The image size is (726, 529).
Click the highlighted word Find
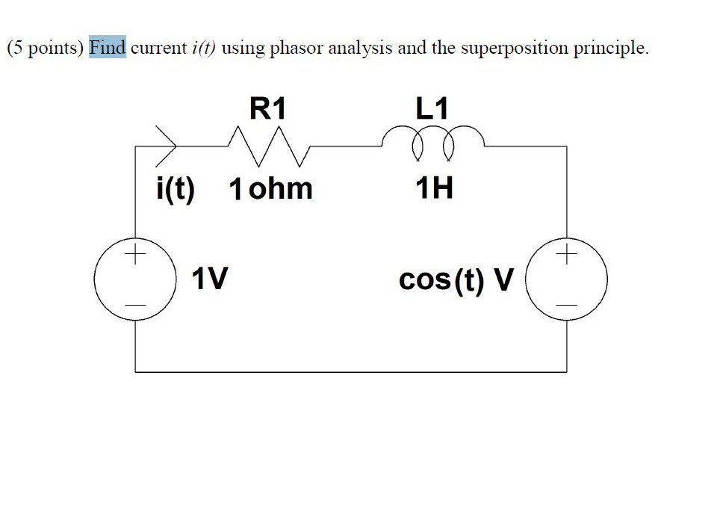point(107,49)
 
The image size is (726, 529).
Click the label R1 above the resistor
point(267,109)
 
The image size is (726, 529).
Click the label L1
point(432,109)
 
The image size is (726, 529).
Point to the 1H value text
point(434,188)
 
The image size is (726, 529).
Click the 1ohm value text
point(270,189)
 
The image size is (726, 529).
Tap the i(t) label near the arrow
point(176,189)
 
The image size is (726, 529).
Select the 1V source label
point(209,279)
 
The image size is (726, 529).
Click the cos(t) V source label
point(456,280)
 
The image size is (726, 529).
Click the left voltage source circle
point(135,280)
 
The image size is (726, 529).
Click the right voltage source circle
point(567,280)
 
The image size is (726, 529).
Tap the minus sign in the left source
point(135,305)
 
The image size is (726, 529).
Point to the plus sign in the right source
point(567,255)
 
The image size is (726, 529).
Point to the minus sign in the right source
point(567,305)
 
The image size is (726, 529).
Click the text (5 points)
point(46,49)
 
